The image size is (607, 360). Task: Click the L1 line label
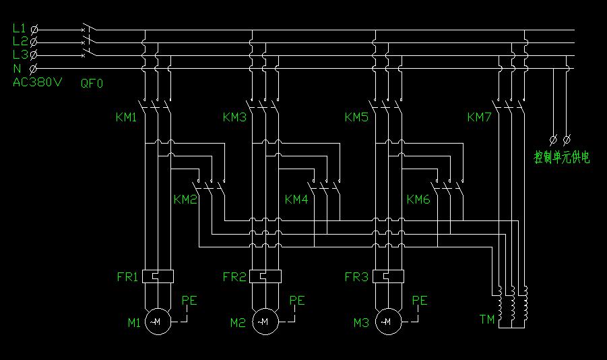[19, 28]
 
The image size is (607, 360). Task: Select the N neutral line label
[17, 68]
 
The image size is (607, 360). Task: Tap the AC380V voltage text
[37, 82]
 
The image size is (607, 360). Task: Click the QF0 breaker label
[92, 84]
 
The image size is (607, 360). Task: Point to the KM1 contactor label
[126, 117]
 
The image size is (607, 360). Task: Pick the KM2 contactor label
[185, 200]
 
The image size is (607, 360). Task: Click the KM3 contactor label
[234, 117]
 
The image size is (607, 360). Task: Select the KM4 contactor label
[296, 200]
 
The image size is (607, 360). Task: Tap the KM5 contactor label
[356, 117]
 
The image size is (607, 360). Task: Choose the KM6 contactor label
[418, 200]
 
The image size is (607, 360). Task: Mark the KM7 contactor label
[479, 117]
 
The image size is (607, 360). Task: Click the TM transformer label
[486, 319]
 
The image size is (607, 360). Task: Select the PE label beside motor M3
[419, 301]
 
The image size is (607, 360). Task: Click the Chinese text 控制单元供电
[562, 158]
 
